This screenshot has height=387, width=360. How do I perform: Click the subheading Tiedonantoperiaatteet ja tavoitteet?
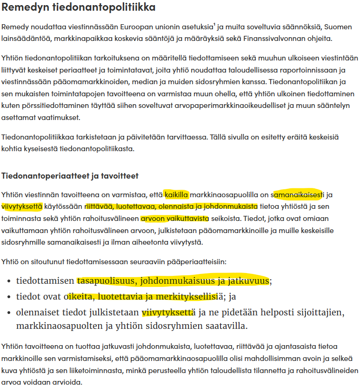[x=70, y=176]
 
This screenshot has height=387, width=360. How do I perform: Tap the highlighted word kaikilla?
[x=176, y=194]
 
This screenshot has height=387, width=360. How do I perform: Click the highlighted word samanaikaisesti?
[x=298, y=194]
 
